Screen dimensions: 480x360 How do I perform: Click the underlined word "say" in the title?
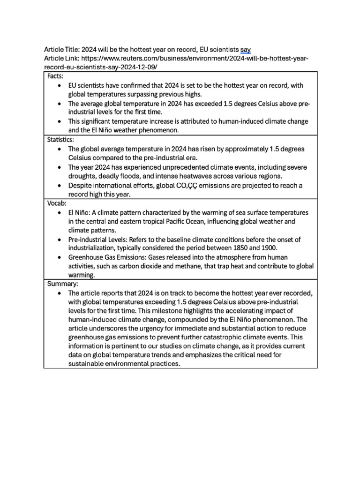pyautogui.click(x=245, y=50)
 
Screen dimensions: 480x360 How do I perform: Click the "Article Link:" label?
pyautogui.click(x=61, y=59)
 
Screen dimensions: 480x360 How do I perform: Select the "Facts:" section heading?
pyautogui.click(x=56, y=76)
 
